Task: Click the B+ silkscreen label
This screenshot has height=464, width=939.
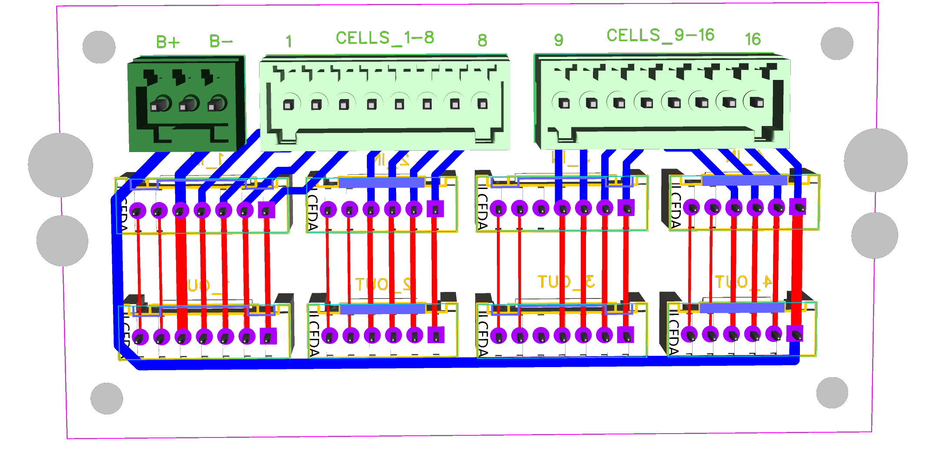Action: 167,42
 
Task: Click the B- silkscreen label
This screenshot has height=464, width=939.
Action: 220,41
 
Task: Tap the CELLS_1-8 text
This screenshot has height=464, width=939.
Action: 384,38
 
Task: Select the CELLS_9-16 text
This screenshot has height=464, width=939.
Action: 660,35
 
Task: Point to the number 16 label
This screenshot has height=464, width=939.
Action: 753,40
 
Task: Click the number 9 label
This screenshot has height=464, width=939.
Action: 559,40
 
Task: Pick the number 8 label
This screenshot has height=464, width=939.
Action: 482,40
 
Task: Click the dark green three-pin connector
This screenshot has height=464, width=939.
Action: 186,104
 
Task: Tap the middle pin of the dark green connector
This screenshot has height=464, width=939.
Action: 189,104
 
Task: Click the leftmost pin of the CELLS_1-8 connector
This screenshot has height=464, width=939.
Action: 288,105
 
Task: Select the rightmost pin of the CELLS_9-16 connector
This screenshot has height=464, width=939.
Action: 757,103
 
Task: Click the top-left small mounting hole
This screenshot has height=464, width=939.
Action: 99,47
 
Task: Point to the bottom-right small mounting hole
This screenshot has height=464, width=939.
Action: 832,393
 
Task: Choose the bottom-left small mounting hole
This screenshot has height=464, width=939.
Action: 107,398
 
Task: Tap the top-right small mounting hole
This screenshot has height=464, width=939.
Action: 837,43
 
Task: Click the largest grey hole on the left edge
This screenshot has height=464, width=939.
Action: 60,165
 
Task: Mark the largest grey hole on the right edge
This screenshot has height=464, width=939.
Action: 876,160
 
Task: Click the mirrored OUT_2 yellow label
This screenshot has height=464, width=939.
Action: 383,285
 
